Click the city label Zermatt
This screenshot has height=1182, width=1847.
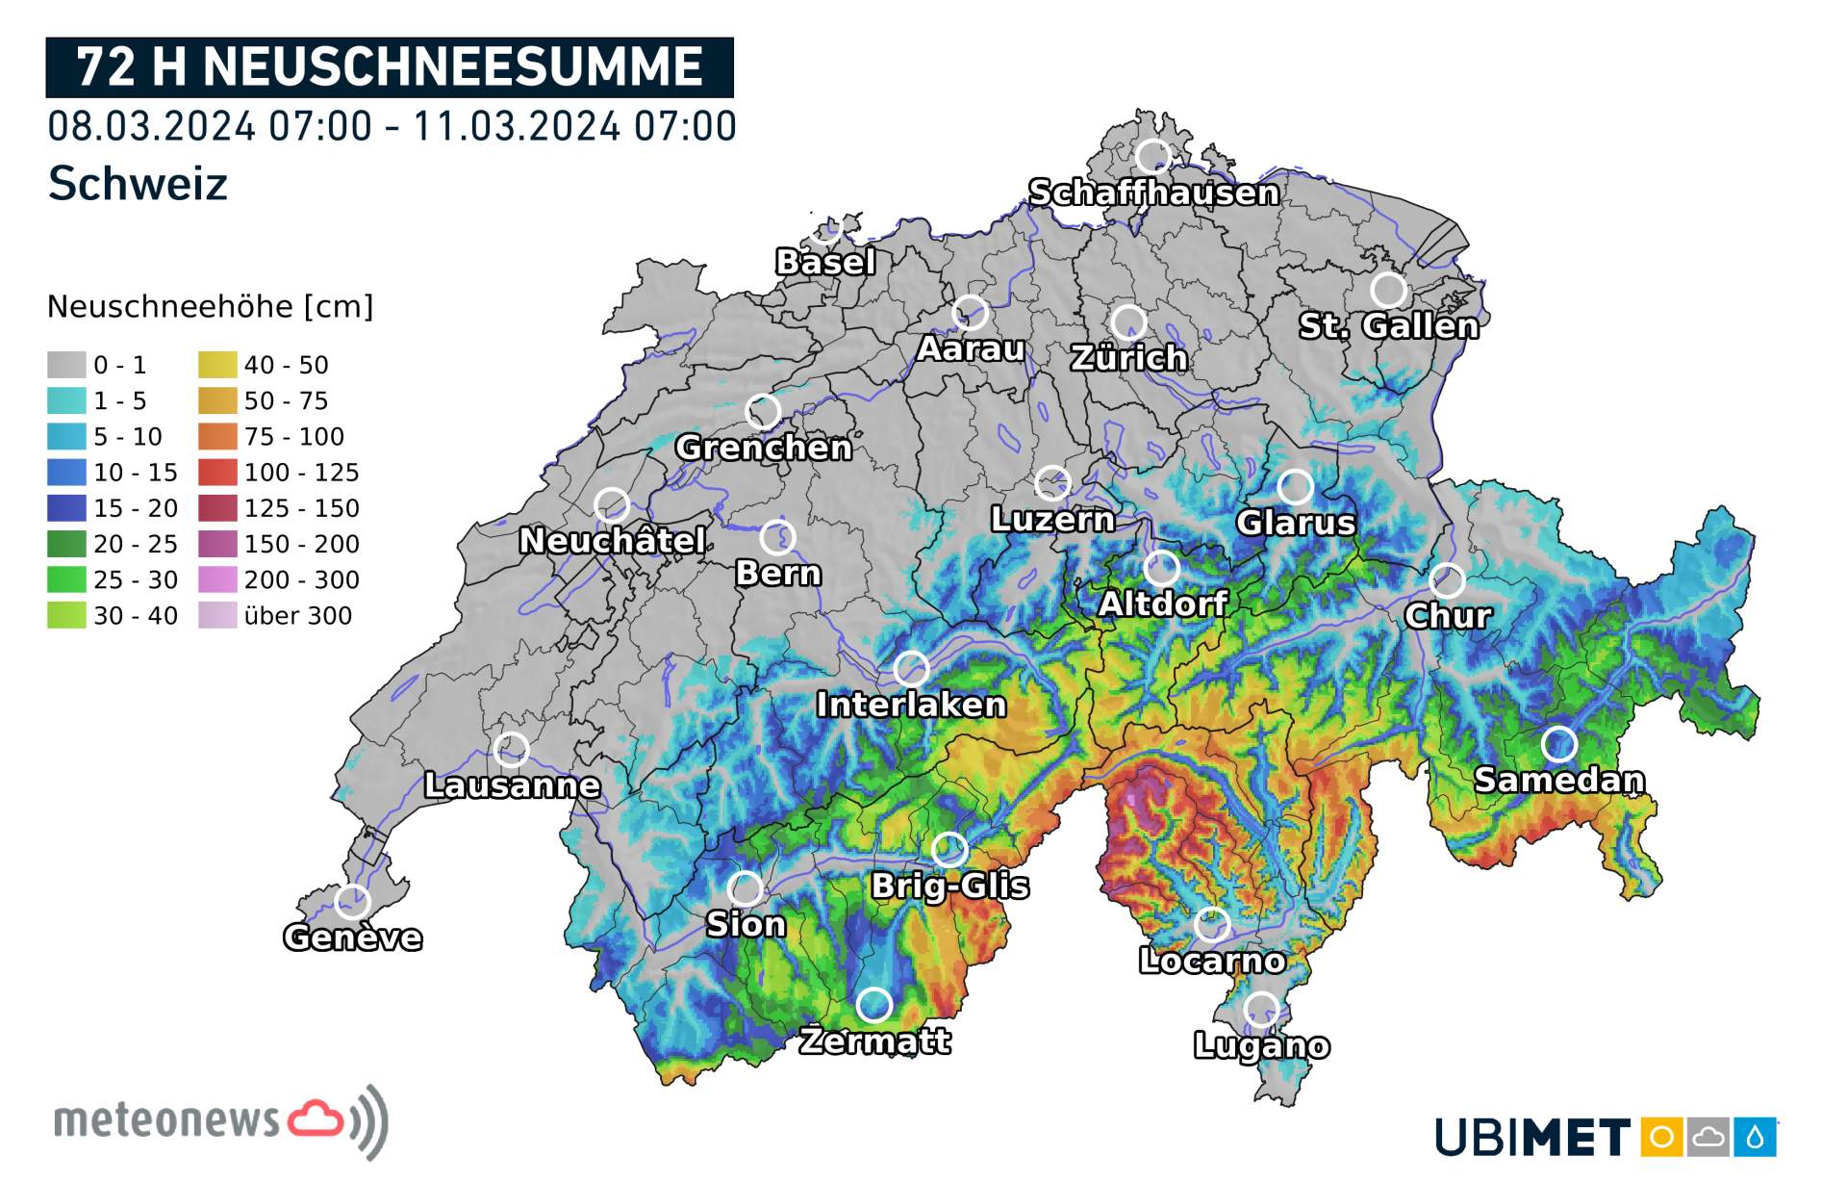point(874,1041)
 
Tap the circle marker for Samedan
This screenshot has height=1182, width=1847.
point(1558,744)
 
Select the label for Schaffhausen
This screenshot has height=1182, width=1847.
point(1153,193)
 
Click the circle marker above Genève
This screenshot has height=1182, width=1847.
point(352,902)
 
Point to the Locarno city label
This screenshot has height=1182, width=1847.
point(1212,961)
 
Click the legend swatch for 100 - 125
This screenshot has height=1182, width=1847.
point(217,473)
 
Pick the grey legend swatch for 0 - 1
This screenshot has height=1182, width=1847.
point(66,365)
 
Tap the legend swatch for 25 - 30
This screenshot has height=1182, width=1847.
point(66,579)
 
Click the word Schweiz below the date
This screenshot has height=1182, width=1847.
point(138,183)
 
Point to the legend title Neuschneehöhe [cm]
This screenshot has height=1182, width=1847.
point(210,307)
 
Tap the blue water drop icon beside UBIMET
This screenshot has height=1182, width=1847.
point(1755,1138)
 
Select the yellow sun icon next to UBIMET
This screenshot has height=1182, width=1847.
point(1661,1138)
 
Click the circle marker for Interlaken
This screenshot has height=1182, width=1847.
point(911,668)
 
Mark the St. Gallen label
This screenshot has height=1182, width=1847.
point(1388,326)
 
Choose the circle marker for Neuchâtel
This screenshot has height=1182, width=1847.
point(612,505)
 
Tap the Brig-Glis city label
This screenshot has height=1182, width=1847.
point(949,886)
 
